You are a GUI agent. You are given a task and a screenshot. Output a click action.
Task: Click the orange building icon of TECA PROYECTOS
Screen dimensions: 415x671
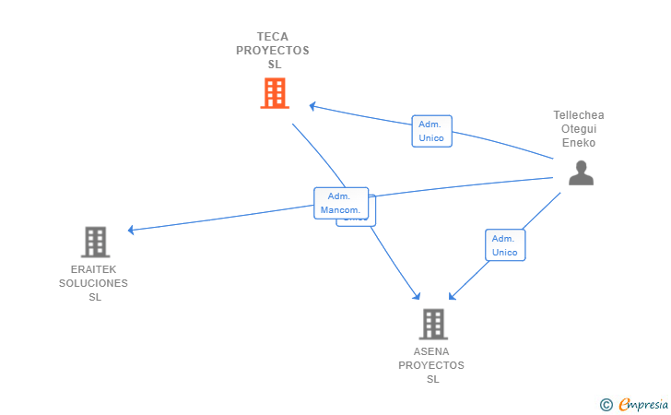274,93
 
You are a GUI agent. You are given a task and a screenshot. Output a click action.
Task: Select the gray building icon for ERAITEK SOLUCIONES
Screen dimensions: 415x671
95,242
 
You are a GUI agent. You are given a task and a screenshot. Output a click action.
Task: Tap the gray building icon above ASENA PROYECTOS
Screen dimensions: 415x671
432,324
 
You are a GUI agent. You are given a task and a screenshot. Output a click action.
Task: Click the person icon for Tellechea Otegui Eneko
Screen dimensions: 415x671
581,172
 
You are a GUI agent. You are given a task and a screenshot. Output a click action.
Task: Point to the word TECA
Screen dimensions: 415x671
273,37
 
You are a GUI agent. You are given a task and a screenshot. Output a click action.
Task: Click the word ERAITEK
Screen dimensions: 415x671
93,269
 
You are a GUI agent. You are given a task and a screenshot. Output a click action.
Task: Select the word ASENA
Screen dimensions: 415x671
431,351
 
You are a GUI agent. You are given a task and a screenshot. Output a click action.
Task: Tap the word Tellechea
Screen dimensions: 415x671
579,115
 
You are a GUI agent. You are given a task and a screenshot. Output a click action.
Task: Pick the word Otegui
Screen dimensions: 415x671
579,129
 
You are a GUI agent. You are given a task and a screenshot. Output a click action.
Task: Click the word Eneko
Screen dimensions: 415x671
579,143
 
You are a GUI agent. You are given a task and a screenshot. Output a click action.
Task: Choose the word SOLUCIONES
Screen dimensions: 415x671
93,283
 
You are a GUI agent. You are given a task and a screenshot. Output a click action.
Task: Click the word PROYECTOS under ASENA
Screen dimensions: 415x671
431,365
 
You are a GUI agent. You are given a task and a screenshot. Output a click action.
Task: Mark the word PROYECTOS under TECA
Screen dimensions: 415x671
273,51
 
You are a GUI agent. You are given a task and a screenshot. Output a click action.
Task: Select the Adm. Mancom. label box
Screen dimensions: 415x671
341,203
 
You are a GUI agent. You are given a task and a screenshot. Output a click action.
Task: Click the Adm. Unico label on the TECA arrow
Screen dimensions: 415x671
431,131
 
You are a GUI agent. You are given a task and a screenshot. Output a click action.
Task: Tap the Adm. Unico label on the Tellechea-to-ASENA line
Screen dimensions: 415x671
505,244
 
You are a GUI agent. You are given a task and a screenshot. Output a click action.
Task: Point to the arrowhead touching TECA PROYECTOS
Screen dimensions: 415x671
312,106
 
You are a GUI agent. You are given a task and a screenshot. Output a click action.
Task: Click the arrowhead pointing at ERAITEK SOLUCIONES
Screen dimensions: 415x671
132,230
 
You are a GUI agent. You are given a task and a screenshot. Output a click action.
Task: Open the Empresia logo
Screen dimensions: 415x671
642,404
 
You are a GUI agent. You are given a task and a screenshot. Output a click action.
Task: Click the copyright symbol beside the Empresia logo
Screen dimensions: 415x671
606,404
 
